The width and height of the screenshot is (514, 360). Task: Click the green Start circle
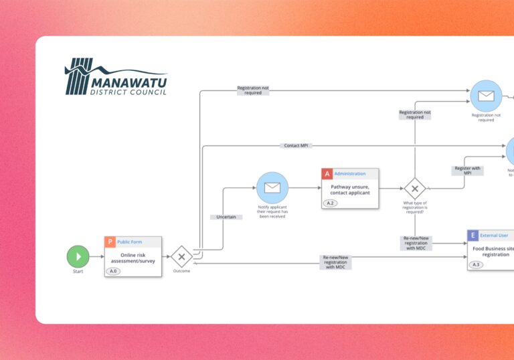click(x=78, y=256)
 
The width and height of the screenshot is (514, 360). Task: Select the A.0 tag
click(x=114, y=271)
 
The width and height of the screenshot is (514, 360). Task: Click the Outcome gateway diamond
click(x=181, y=256)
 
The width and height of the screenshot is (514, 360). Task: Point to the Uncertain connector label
click(x=226, y=217)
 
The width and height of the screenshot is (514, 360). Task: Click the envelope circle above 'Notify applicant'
click(x=272, y=188)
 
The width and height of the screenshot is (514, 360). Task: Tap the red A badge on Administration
click(x=327, y=174)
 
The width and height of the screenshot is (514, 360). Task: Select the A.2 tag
click(x=331, y=203)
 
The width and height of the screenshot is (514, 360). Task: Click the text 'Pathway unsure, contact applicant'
click(x=350, y=189)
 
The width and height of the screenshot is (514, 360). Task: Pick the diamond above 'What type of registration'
click(x=415, y=188)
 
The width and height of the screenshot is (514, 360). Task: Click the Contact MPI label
click(x=296, y=145)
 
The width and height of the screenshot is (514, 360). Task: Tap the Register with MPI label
click(x=468, y=171)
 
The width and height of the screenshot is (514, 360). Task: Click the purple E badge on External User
click(x=473, y=236)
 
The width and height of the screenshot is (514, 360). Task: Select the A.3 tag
click(x=477, y=264)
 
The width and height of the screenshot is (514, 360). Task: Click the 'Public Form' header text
click(x=129, y=242)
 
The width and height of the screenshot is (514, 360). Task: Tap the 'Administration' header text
click(x=350, y=174)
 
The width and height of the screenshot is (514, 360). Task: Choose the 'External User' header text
click(x=494, y=236)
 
